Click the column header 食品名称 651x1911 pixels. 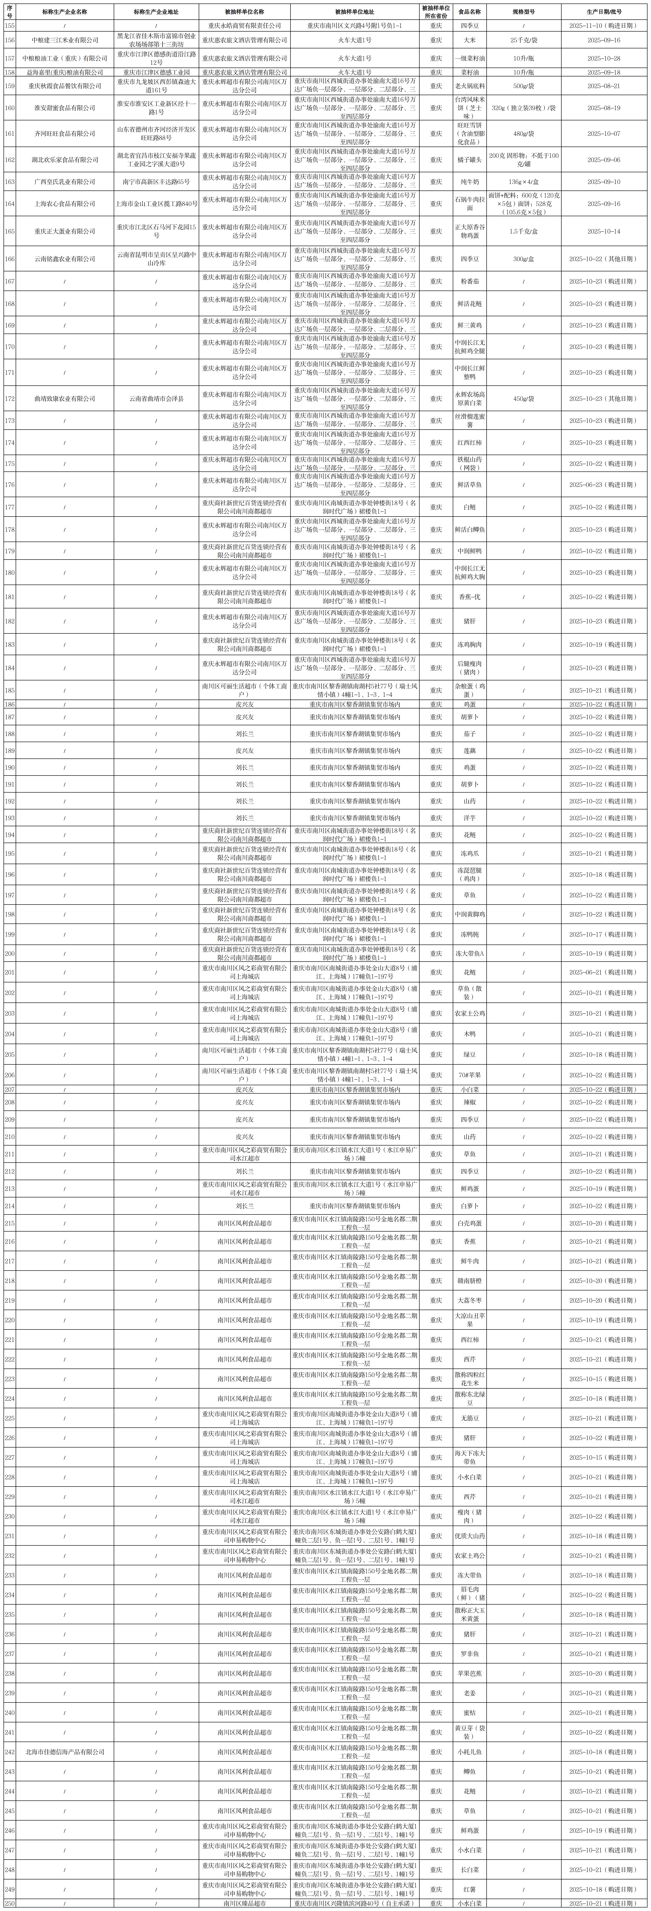point(469,12)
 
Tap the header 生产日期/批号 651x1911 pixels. point(604,12)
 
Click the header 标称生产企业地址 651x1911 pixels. point(156,12)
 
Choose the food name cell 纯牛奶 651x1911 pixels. point(469,182)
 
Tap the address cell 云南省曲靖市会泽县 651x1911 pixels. point(156,398)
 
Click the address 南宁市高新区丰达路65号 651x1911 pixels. point(156,182)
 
